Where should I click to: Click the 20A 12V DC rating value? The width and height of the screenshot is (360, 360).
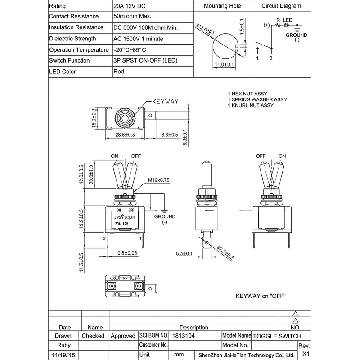click(129, 6)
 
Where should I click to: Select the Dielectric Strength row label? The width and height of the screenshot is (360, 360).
click(72, 39)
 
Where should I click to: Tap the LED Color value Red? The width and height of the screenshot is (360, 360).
click(119, 72)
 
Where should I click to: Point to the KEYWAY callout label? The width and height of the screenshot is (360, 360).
click(165, 102)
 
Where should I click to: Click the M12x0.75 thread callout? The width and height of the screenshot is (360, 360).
click(159, 180)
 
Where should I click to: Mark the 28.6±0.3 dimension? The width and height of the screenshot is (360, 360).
click(125, 135)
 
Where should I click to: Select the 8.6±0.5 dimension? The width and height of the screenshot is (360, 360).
click(170, 135)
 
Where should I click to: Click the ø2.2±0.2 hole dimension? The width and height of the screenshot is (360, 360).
click(225, 252)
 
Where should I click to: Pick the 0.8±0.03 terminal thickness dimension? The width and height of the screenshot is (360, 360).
click(127, 253)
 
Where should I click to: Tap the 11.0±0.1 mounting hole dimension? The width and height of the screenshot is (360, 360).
click(224, 64)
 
